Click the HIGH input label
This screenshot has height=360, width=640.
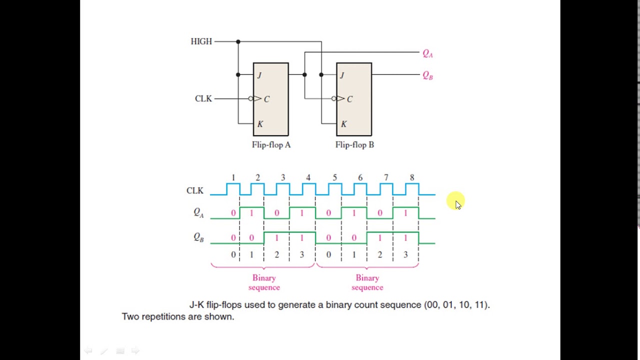201,41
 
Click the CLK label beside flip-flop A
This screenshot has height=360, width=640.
203,98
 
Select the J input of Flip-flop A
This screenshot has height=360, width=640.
259,75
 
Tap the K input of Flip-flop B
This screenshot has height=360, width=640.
343,124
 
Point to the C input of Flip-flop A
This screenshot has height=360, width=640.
266,99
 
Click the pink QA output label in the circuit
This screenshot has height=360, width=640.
427,53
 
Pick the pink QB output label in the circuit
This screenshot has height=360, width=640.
427,75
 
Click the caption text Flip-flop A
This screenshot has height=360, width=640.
271,145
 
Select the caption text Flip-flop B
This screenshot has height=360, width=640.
354,145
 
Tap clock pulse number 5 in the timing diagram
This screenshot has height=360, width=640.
334,177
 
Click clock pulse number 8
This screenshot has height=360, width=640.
412,177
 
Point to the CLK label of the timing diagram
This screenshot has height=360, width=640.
194,190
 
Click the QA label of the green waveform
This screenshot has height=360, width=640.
198,213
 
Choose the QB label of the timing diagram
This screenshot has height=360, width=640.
198,237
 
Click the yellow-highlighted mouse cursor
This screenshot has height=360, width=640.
457,202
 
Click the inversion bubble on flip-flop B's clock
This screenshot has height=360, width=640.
333,98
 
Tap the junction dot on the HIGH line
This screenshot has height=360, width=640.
238,41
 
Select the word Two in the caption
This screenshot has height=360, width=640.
130,316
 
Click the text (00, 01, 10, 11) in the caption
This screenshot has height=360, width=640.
457,304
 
